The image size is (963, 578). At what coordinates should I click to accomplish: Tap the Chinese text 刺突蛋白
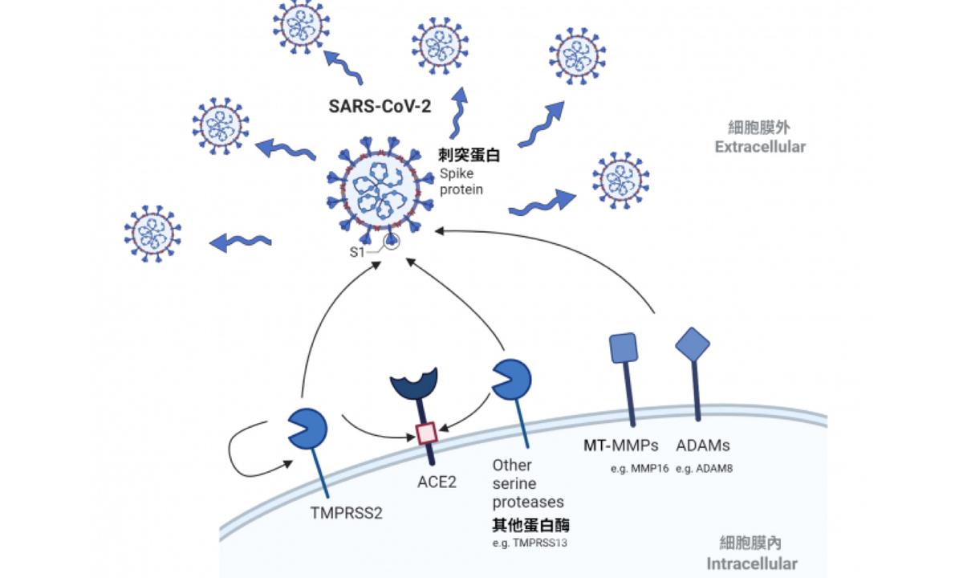[x=469, y=156]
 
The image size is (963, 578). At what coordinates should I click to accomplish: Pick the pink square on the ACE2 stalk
[x=427, y=433]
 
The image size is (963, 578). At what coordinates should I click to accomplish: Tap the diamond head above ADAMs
[x=693, y=344]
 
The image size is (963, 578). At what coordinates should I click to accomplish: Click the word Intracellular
[x=753, y=562]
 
